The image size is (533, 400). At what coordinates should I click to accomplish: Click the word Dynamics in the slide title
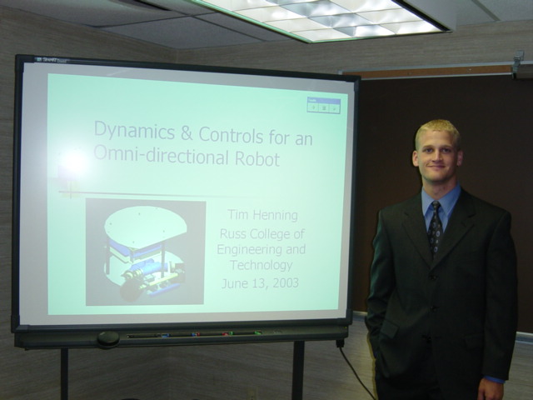tap(134, 132)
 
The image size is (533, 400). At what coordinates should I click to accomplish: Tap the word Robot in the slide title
tap(257, 158)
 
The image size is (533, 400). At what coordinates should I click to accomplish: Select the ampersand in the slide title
tap(187, 133)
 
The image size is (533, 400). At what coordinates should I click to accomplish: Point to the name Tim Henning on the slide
tap(262, 215)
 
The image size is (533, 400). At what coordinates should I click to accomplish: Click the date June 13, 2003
tap(260, 282)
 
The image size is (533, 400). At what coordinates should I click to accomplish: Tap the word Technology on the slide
tap(261, 265)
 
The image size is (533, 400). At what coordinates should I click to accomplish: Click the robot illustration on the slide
tap(146, 252)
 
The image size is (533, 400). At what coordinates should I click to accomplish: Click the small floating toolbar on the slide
tap(324, 105)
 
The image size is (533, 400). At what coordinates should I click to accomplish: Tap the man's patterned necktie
tap(435, 227)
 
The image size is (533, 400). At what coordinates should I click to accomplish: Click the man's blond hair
tap(437, 132)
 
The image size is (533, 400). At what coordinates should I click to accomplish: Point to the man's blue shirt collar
tap(441, 202)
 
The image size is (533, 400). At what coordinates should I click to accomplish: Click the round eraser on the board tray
tap(108, 339)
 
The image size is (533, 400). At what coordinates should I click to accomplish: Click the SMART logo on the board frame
tap(51, 61)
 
